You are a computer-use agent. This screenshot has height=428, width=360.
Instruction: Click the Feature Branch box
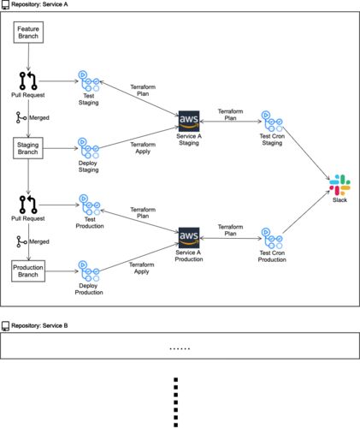(x=28, y=33)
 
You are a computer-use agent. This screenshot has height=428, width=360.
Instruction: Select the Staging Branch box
(x=28, y=148)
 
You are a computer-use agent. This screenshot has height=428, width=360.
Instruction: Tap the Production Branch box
(x=28, y=270)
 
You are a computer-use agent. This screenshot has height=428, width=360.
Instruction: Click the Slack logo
(x=339, y=185)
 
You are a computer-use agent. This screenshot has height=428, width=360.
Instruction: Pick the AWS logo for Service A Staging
(x=189, y=121)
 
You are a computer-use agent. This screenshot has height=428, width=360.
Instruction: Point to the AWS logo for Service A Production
(x=189, y=238)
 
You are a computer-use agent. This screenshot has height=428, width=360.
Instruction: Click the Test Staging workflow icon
(x=89, y=80)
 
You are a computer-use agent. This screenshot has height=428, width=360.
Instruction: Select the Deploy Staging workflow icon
(x=88, y=148)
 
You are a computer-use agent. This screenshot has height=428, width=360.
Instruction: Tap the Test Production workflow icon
(x=90, y=205)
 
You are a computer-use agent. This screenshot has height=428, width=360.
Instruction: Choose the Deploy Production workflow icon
(x=89, y=270)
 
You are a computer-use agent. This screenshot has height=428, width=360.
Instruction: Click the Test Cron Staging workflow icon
(x=272, y=121)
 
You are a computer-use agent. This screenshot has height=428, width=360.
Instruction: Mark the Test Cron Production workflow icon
(x=272, y=238)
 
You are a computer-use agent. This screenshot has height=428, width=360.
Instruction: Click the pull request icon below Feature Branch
(x=28, y=80)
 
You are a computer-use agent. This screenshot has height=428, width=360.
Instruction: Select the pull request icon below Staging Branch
(x=28, y=205)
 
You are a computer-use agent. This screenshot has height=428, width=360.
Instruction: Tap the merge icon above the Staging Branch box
(x=21, y=117)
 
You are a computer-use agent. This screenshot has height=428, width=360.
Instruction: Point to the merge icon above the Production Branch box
(x=21, y=241)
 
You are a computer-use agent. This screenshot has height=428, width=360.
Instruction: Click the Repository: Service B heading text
(x=39, y=325)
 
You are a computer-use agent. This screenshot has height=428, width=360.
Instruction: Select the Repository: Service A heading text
(x=39, y=4)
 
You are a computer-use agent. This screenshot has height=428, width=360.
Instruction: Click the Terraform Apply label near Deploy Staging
(x=143, y=148)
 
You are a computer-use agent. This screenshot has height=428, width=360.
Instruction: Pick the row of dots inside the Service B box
(x=180, y=348)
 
